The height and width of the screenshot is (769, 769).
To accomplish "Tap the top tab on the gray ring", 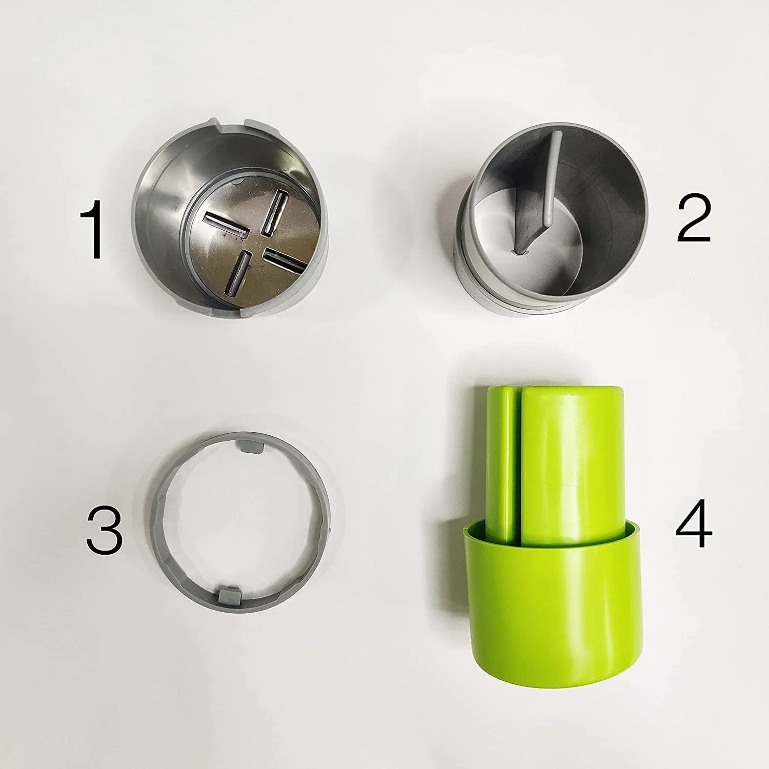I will pyautogui.click(x=250, y=446).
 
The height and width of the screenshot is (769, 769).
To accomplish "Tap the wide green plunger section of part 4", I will pyautogui.click(x=572, y=461).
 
